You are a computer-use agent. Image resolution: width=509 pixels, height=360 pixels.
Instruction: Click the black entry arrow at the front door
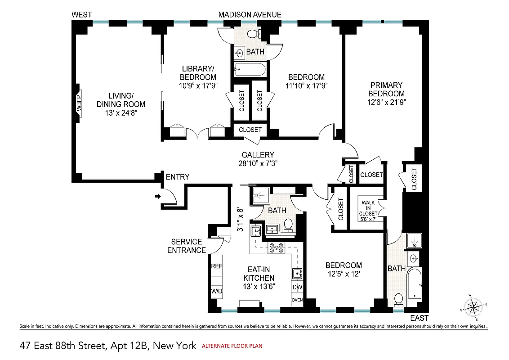pyautogui.click(x=158, y=196)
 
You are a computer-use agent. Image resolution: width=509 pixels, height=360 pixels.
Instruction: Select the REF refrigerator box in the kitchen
pyautogui.click(x=217, y=266)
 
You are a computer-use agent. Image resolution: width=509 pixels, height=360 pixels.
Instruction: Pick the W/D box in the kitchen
pyautogui.click(x=217, y=291)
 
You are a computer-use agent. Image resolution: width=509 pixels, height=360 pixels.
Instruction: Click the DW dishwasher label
pyautogui.click(x=297, y=287)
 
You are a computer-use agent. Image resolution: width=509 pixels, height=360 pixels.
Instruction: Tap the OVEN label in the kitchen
pyautogui.click(x=297, y=300)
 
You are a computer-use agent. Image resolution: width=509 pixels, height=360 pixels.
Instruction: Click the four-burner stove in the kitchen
pyautogui.click(x=275, y=247)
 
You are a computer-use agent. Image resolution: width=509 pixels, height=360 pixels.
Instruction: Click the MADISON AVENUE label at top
pyautogui.click(x=250, y=15)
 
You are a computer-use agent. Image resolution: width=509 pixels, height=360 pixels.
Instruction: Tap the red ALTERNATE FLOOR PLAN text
pyautogui.click(x=232, y=346)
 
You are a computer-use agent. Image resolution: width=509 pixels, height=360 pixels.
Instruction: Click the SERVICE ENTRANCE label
pyautogui.click(x=186, y=246)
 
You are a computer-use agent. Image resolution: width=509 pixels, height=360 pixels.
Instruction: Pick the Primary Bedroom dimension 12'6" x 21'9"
pyautogui.click(x=386, y=102)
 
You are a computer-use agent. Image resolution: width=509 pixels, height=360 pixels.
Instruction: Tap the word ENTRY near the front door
pyautogui.click(x=178, y=177)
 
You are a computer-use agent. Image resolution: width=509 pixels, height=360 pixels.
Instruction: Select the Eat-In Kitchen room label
pyautogui.click(x=259, y=274)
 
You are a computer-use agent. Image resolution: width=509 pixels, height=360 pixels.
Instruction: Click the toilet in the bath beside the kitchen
pyautogui.click(x=288, y=224)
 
